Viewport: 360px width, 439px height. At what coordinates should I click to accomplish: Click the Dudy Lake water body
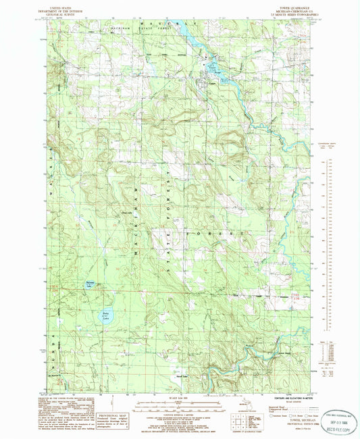pyautogui.click(x=107, y=315)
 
